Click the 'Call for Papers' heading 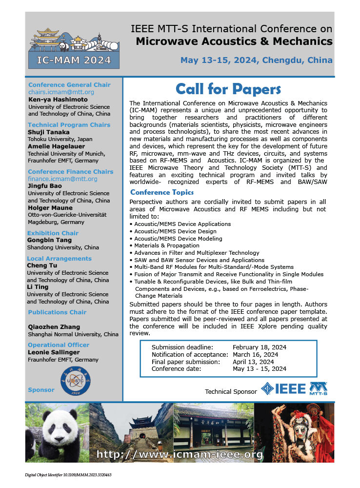228,89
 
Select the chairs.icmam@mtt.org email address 61,92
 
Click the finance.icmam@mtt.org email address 62,179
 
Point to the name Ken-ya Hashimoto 57,99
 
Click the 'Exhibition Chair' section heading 53,233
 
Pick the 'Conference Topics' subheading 162,192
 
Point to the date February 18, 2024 259,347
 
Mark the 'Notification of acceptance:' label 190,355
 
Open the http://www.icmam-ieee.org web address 180,455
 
